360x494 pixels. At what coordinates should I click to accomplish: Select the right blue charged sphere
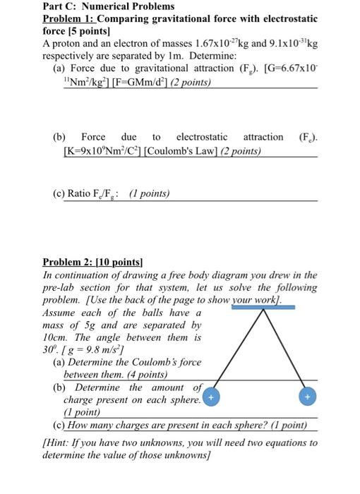[x=307, y=398]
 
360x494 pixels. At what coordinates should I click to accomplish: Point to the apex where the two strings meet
[x=260, y=311]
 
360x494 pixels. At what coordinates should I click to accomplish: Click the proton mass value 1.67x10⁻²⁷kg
[x=236, y=43]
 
